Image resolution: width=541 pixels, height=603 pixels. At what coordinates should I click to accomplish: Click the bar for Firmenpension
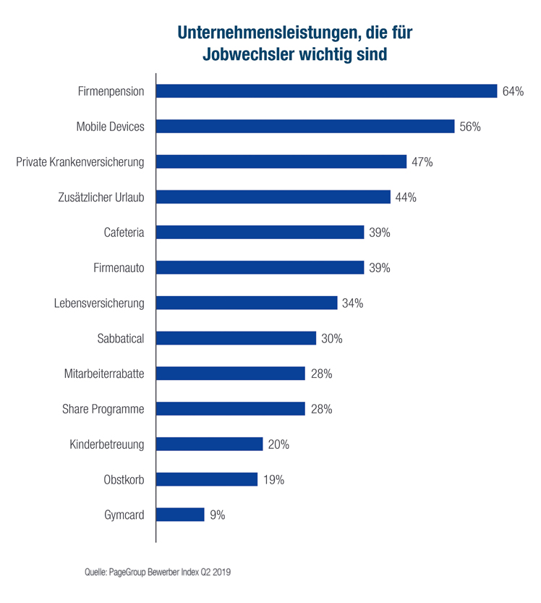(326, 91)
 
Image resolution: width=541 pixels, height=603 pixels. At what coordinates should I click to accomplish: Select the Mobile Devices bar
(305, 127)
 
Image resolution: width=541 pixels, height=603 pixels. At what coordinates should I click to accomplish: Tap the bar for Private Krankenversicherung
(281, 161)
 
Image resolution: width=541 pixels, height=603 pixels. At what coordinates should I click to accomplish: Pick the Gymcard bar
(180, 515)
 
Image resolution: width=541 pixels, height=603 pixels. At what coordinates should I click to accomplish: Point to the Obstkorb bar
(207, 479)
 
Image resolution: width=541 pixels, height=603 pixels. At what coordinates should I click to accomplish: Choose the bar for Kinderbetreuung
(209, 444)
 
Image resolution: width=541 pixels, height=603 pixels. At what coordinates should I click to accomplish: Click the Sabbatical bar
(236, 338)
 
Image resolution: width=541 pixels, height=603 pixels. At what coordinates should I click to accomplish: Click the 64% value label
(513, 91)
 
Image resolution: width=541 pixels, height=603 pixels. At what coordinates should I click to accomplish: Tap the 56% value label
(470, 127)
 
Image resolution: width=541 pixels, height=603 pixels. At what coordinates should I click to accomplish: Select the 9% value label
(218, 515)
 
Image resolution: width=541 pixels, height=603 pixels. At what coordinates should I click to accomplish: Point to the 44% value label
(406, 197)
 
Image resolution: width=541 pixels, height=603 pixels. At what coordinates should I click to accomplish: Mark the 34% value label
(352, 303)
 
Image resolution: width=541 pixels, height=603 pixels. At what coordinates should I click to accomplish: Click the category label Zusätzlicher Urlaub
(101, 197)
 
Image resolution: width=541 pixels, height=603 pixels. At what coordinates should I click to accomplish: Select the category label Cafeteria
(124, 232)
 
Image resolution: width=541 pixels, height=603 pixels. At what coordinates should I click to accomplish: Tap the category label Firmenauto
(119, 268)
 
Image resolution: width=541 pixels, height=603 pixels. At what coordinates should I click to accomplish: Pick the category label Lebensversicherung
(99, 303)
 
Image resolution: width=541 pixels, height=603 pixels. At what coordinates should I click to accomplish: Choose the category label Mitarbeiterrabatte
(104, 374)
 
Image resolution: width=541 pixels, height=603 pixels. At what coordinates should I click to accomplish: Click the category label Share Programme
(103, 409)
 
